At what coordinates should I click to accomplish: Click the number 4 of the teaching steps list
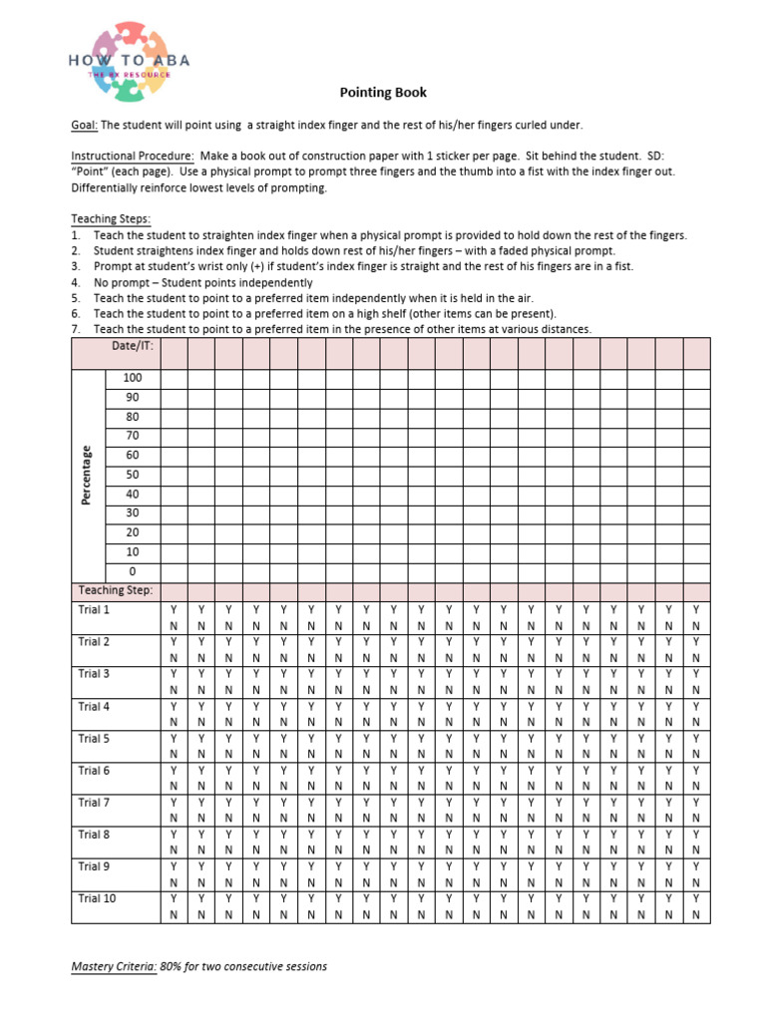(x=75, y=281)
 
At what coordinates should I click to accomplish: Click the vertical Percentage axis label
(x=88, y=475)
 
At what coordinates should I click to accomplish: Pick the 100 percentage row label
(x=133, y=378)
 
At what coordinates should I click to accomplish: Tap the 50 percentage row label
(x=133, y=475)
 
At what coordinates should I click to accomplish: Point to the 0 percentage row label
(x=133, y=571)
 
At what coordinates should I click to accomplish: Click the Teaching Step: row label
(x=116, y=590)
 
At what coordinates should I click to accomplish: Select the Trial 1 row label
(x=95, y=609)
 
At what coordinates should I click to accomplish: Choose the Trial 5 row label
(x=95, y=739)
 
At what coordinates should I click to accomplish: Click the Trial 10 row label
(x=97, y=898)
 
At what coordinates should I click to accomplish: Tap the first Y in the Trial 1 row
(x=174, y=609)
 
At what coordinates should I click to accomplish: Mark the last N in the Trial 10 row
(x=696, y=914)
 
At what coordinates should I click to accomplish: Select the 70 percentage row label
(x=133, y=436)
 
